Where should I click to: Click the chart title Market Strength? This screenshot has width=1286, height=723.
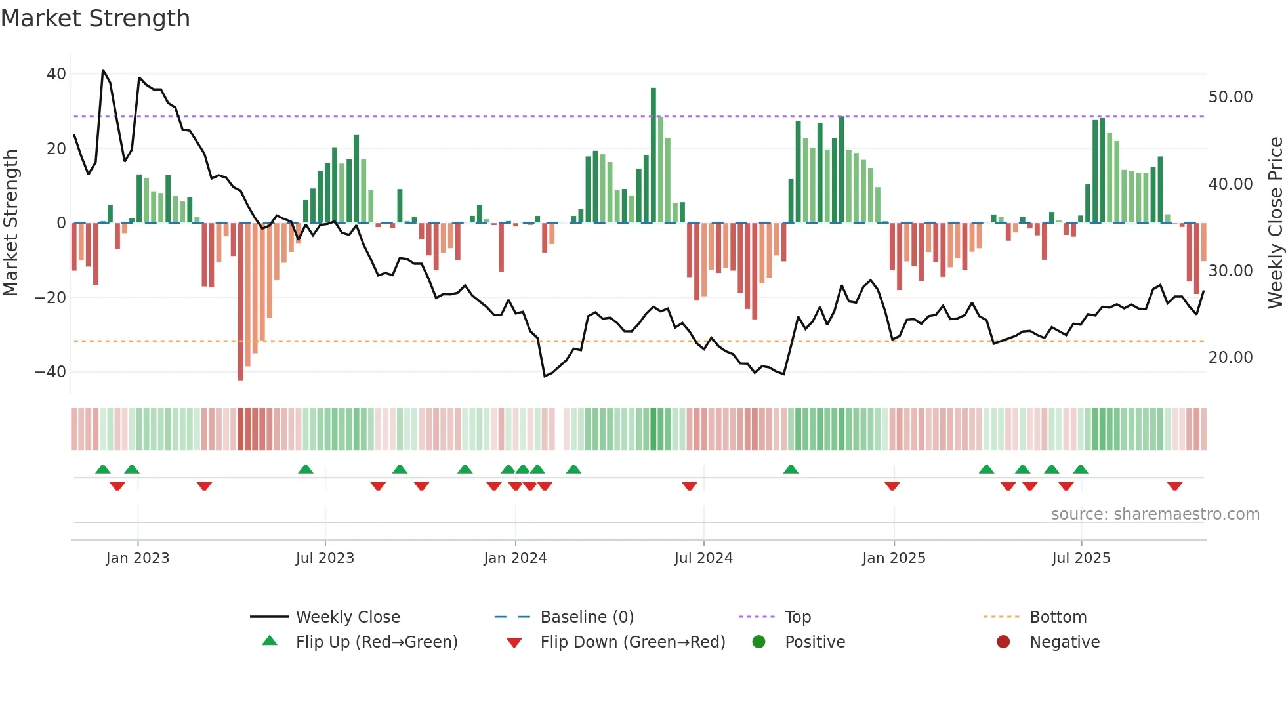[x=95, y=18]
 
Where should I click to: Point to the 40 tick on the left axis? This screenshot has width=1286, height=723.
[x=56, y=74]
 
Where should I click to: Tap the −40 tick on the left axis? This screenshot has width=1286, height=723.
[x=51, y=372]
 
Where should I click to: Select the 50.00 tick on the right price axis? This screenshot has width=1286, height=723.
[x=1230, y=97]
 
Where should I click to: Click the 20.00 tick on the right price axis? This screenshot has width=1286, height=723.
[x=1230, y=358]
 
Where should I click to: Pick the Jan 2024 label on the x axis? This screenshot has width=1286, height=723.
[x=515, y=558]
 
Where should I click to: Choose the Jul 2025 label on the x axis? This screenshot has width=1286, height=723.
[x=1081, y=558]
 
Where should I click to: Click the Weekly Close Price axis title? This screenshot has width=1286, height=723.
[x=1275, y=223]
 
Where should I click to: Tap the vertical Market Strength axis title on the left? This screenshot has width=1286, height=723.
[x=10, y=223]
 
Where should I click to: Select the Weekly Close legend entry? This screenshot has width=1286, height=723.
[x=347, y=617]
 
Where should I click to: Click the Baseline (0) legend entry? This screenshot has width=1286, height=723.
[x=587, y=617]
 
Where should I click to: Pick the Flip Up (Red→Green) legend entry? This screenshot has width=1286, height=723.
[x=376, y=642]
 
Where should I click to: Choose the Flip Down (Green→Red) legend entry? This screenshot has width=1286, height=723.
[x=633, y=642]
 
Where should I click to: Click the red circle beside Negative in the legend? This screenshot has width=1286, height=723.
[x=1003, y=642]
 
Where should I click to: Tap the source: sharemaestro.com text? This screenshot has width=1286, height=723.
[x=1155, y=514]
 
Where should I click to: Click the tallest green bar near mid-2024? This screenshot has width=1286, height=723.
[x=653, y=155]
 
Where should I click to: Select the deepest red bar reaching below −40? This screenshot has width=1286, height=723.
[x=241, y=302]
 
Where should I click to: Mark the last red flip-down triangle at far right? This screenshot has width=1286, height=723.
[x=1174, y=486]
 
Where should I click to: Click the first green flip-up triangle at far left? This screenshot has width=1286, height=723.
[x=103, y=469]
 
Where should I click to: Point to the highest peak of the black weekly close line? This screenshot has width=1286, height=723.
[x=103, y=70]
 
